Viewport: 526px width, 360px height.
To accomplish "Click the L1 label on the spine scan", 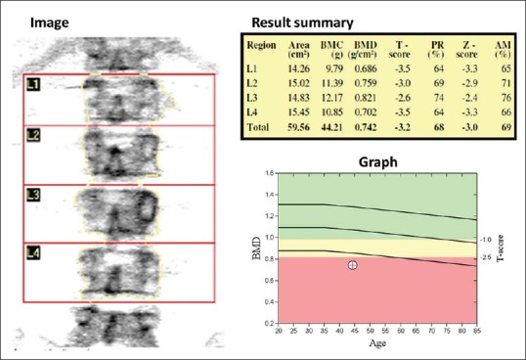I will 33,86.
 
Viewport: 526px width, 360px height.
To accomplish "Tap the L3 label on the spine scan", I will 33,196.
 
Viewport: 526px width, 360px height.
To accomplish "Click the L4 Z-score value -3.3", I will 472,112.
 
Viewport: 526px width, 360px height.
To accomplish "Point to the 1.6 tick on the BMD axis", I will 270,173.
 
